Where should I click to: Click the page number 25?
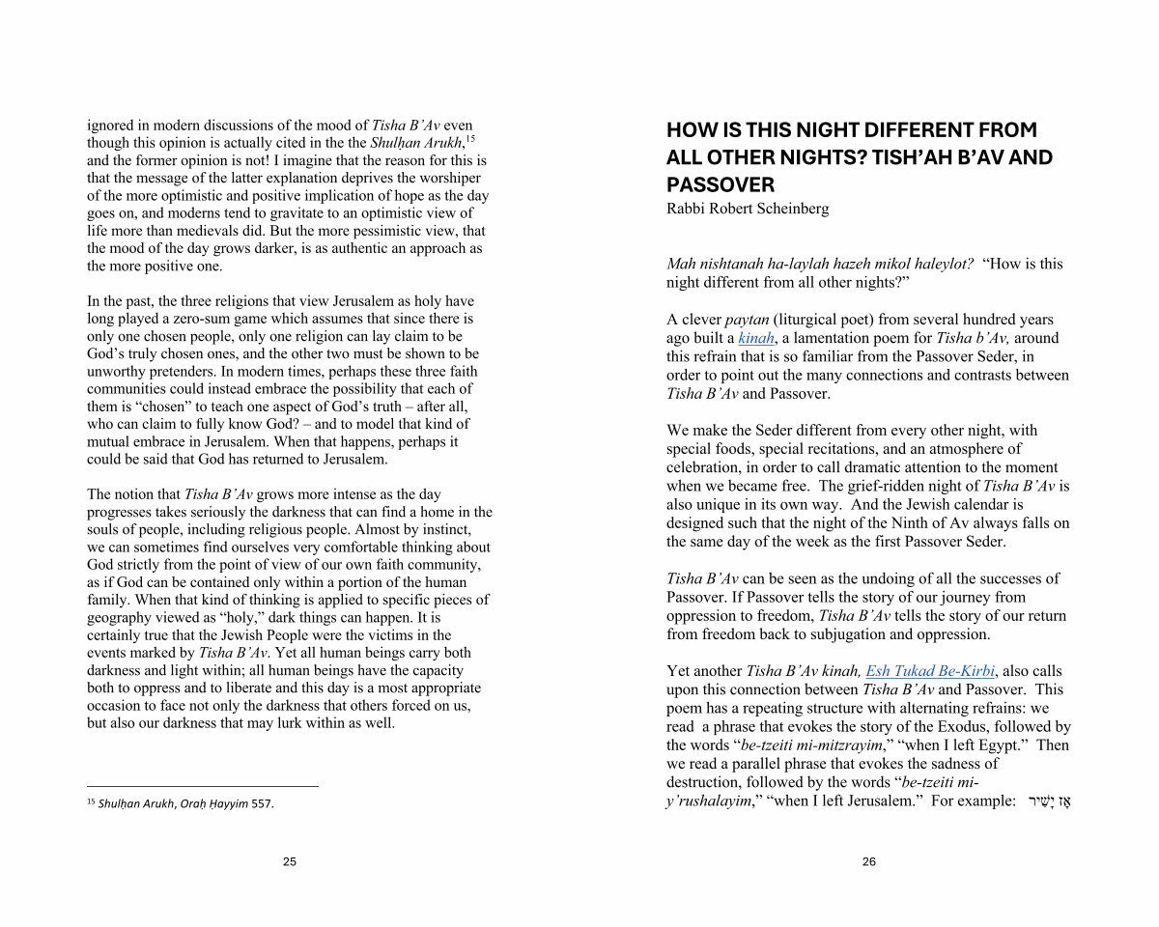[x=290, y=861]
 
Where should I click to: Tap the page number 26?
[x=869, y=861]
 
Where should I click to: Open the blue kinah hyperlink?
[x=756, y=338]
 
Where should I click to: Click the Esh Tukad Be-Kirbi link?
[x=930, y=671]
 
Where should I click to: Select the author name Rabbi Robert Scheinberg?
[x=748, y=209]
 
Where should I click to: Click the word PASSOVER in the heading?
[x=721, y=184]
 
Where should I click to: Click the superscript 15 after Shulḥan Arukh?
[x=470, y=139]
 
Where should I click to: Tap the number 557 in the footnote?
[x=262, y=803]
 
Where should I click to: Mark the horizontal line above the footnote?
[x=203, y=786]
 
